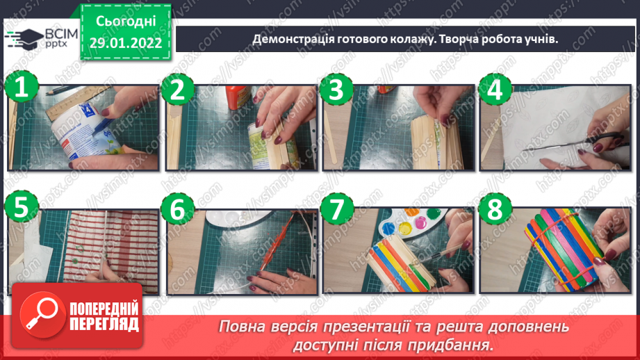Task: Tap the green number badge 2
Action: click(x=178, y=88)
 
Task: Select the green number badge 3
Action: click(x=336, y=88)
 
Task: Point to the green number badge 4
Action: click(x=494, y=88)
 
